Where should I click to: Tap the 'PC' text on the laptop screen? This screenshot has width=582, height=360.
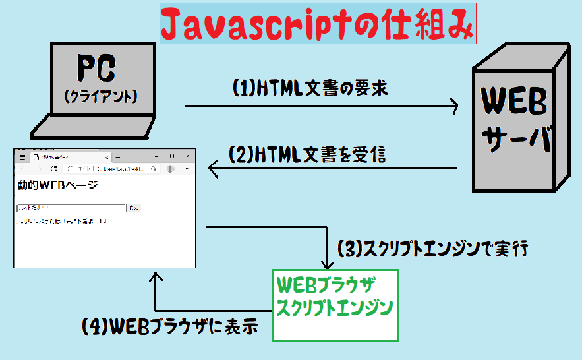96,67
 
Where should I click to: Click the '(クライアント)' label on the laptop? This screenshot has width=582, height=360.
101,96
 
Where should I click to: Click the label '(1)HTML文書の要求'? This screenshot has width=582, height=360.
310,88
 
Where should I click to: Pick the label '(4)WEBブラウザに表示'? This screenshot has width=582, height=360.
169,326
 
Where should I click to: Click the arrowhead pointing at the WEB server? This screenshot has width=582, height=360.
454,105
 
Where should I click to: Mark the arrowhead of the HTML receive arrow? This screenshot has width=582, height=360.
212,168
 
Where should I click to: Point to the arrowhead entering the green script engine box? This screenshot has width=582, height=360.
328,264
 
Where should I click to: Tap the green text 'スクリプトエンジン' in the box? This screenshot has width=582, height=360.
335,307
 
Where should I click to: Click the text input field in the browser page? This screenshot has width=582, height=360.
71,208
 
